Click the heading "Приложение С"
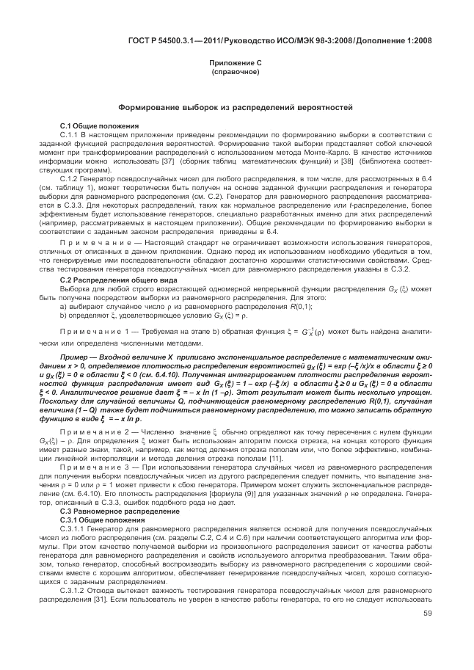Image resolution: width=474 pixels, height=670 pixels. (x=236, y=65)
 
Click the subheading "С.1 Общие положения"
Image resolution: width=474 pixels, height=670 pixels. (x=95, y=126)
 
